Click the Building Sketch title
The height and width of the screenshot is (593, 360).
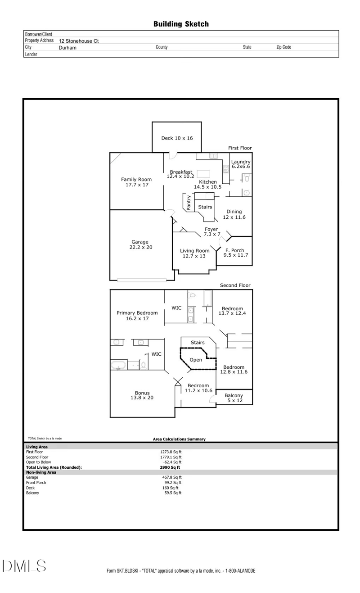[181, 24]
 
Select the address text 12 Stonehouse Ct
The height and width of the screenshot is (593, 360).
[79, 41]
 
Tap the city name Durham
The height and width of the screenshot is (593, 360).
[67, 47]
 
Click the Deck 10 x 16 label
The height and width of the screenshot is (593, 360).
[177, 138]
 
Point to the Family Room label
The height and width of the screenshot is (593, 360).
[136, 182]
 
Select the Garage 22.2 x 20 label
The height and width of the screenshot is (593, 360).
[140, 244]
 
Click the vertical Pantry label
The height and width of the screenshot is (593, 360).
[189, 202]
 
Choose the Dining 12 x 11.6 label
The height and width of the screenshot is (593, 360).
[234, 214]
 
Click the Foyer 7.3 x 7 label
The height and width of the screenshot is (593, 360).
[211, 231]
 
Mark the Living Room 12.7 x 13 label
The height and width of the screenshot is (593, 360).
[195, 253]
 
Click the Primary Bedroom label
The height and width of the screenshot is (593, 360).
[137, 316]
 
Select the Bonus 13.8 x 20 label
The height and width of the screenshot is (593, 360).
[142, 395]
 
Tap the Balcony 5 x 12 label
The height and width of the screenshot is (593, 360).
[234, 398]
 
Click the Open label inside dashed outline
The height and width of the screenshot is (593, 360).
[196, 360]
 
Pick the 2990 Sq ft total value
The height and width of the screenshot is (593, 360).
[170, 467]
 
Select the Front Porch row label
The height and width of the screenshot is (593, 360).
[36, 482]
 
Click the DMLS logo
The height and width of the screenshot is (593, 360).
[25, 567]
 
